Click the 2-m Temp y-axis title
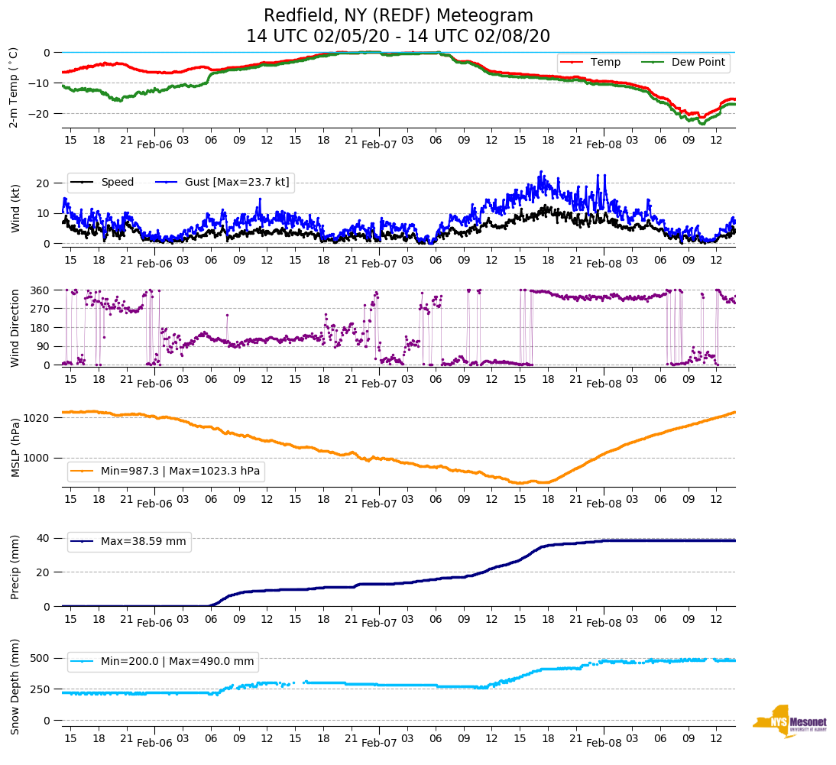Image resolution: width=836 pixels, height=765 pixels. [14, 88]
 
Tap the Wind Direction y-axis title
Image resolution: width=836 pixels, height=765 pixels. [15, 328]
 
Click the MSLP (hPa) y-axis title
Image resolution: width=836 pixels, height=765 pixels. [15, 448]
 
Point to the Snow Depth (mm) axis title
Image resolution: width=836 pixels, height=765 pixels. [15, 686]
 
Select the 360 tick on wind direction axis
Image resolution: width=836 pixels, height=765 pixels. [41, 290]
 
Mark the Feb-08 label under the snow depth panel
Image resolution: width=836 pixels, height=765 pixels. [604, 743]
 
